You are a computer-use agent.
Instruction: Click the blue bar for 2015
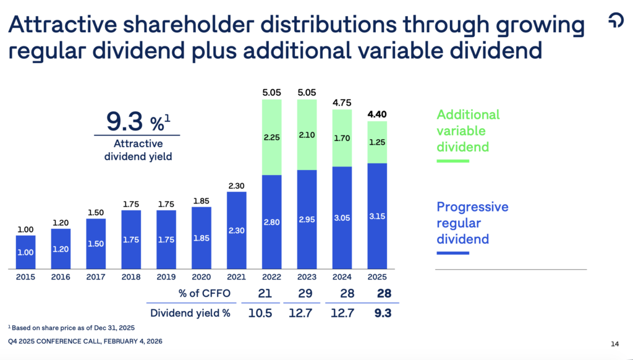tap(26, 252)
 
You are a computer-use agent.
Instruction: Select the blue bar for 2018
tap(131, 239)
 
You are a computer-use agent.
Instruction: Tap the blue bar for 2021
tap(236, 230)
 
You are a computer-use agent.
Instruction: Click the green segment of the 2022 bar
tap(271, 137)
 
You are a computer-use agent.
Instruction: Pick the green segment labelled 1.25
tap(377, 142)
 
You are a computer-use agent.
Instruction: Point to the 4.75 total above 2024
tap(342, 103)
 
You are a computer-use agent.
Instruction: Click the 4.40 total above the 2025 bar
tap(377, 114)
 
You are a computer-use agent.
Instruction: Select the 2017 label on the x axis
tap(96, 276)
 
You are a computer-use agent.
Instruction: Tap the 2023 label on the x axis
tap(307, 276)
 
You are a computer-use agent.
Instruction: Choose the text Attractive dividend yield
tap(137, 150)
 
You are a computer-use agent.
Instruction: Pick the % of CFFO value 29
tap(307, 292)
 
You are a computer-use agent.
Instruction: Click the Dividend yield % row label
tap(189, 313)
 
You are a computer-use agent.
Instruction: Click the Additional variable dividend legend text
tap(468, 131)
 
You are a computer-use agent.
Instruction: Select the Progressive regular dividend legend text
tap(472, 223)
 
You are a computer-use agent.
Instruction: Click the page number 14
tap(614, 344)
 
